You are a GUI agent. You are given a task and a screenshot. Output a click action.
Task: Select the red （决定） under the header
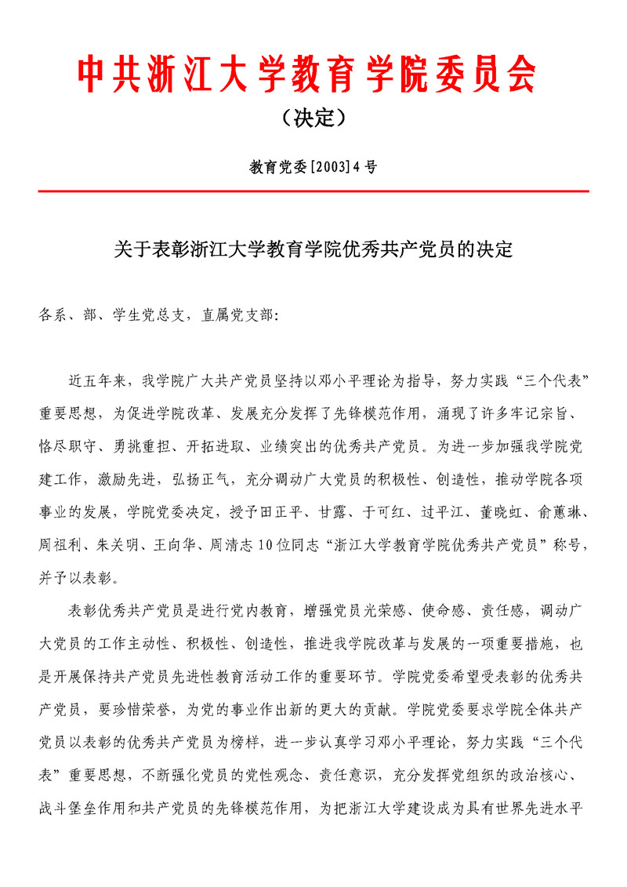[313, 118]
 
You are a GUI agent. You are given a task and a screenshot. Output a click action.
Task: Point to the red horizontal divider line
[313, 191]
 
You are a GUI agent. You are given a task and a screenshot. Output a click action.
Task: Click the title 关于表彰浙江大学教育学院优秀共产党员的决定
[313, 250]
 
